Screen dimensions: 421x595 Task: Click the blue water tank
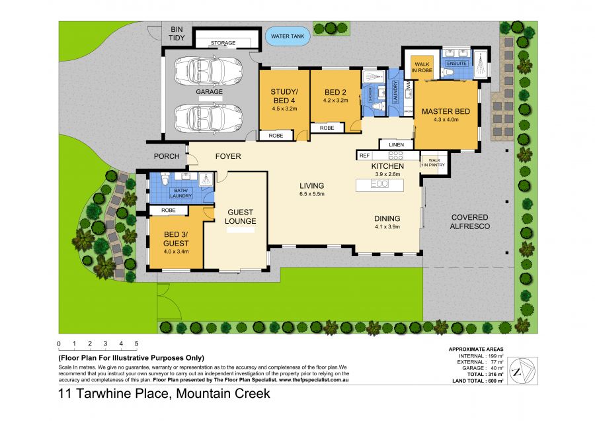288,36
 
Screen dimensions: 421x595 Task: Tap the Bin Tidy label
177,34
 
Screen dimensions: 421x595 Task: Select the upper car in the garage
208,70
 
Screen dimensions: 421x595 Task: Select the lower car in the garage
208,117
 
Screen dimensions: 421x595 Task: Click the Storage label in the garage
223,43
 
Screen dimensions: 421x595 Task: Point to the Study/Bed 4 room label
284,96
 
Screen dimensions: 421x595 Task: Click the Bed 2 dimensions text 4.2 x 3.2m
335,101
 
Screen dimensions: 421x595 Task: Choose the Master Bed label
446,111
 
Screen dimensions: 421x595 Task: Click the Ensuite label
456,64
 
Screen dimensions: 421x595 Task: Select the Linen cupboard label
396,144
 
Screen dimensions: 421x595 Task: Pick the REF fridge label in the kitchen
364,156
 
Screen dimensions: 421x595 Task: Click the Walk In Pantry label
434,162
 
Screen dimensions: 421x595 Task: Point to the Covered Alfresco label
469,222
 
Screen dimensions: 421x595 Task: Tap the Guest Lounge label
241,216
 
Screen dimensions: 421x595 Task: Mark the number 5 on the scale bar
136,344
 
